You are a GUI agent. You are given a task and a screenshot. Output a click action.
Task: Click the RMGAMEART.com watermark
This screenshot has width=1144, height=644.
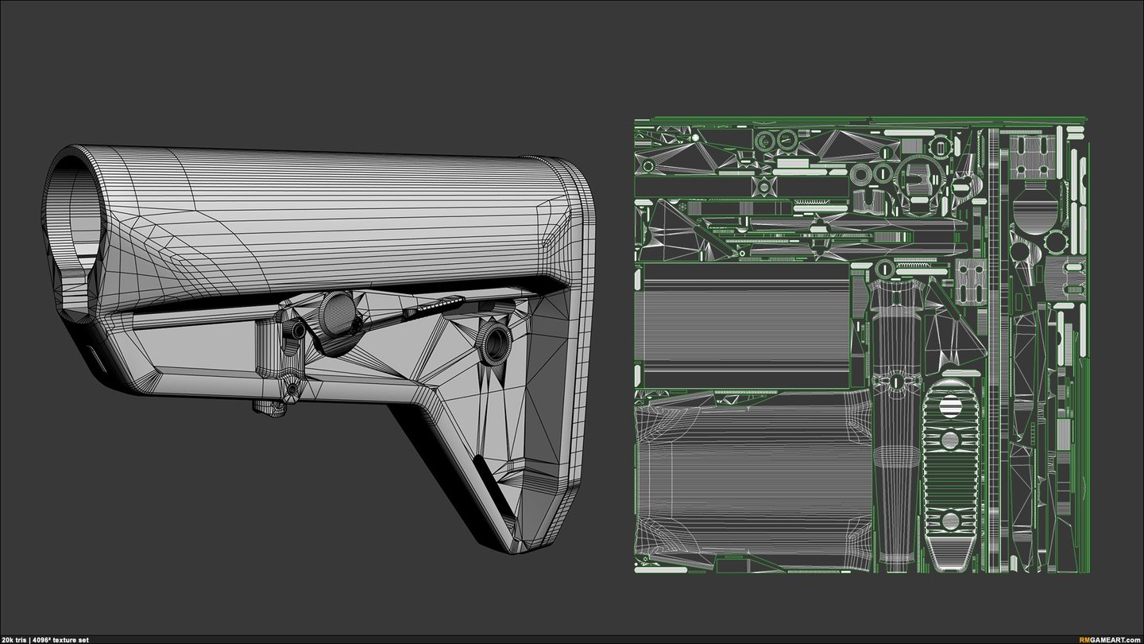point(1111,640)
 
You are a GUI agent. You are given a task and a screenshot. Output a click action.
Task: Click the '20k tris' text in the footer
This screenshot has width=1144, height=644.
point(14,640)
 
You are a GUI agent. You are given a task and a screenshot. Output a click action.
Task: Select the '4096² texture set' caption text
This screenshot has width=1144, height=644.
point(60,640)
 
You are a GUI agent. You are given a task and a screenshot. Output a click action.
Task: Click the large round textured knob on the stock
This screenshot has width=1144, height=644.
point(338,310)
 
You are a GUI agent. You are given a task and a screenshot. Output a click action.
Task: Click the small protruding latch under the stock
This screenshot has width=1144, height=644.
point(268,407)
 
